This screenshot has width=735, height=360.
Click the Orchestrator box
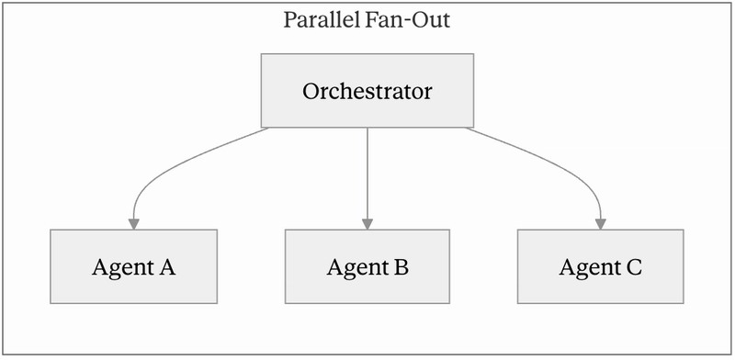[x=367, y=91]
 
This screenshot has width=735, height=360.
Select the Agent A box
[x=133, y=266]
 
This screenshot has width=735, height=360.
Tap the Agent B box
[x=367, y=266]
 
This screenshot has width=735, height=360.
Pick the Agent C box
[x=601, y=266]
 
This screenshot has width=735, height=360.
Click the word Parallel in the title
[x=322, y=20]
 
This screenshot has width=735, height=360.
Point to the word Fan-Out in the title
[x=407, y=20]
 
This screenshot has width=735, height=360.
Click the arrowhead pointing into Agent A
[x=134, y=224]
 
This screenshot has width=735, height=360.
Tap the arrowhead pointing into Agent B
[x=367, y=224]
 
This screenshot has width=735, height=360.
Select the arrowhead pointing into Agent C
[x=601, y=224]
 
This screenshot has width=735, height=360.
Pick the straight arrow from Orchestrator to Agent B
[x=367, y=178]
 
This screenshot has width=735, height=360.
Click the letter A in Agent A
[x=166, y=266]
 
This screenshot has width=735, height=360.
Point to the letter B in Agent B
[x=400, y=266]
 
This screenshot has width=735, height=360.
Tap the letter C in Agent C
[x=633, y=266]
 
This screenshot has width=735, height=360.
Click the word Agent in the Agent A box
[x=122, y=268]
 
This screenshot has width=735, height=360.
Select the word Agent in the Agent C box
[x=590, y=268]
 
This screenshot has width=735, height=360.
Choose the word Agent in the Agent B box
[x=357, y=268]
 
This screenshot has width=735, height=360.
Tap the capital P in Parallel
[x=289, y=20]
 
